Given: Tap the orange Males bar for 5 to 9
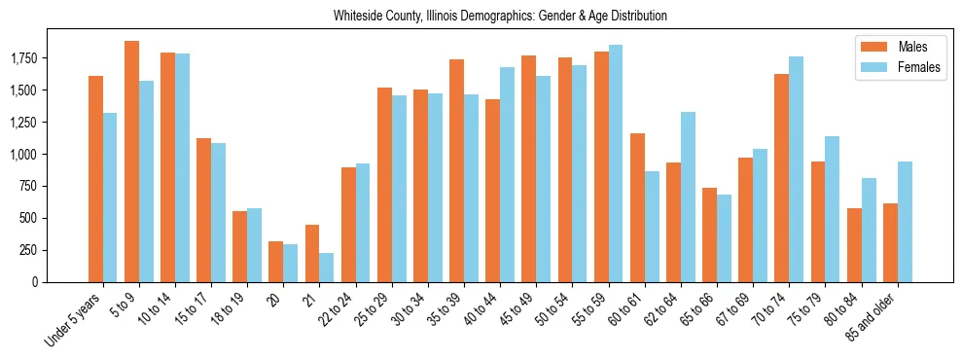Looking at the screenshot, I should tap(131, 162).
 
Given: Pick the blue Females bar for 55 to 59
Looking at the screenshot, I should tap(616, 163).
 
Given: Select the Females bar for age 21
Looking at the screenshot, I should tap(327, 268).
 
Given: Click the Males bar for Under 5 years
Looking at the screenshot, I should tap(95, 179).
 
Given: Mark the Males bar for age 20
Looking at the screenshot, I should tap(276, 262).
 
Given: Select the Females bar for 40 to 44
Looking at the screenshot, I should tap(508, 175).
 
